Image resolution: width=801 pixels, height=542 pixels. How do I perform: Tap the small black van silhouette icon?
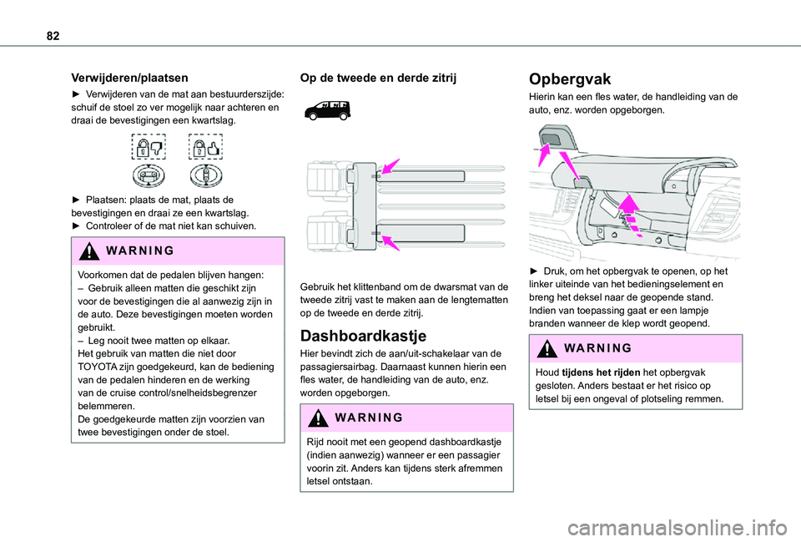[x=327, y=109]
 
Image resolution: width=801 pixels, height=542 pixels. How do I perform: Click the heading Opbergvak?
[x=571, y=79]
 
